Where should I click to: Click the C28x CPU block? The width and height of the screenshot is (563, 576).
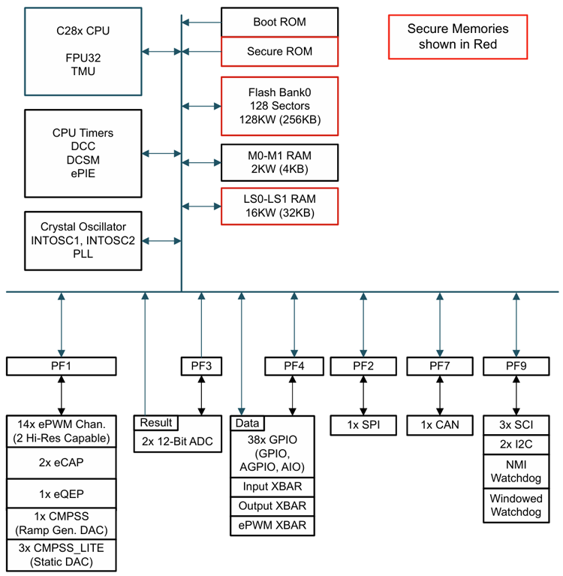(83, 51)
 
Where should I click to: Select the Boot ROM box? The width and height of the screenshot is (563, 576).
(279, 22)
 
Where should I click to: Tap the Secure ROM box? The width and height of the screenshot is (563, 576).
(279, 52)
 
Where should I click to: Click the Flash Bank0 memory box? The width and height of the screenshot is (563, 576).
(279, 106)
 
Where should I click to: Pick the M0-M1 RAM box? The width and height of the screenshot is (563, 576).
(279, 161)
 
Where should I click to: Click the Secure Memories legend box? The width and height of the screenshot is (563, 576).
(457, 37)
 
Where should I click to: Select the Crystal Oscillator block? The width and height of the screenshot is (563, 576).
(83, 241)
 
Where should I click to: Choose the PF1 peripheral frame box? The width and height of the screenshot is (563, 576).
(62, 366)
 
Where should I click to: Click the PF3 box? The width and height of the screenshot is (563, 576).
(201, 366)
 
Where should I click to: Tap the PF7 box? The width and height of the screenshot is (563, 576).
(438, 366)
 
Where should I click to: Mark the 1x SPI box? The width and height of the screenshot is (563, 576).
(363, 425)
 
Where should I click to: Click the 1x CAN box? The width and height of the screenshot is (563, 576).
(438, 425)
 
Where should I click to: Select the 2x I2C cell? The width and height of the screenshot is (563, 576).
(515, 444)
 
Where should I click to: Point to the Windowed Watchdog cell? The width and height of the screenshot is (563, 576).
(515, 505)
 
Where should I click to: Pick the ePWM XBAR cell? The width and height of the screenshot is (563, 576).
(273, 525)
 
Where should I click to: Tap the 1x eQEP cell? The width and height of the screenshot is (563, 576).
(62, 495)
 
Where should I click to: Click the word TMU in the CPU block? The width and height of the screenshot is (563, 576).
(83, 71)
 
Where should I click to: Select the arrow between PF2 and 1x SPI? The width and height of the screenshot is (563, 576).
(363, 396)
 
